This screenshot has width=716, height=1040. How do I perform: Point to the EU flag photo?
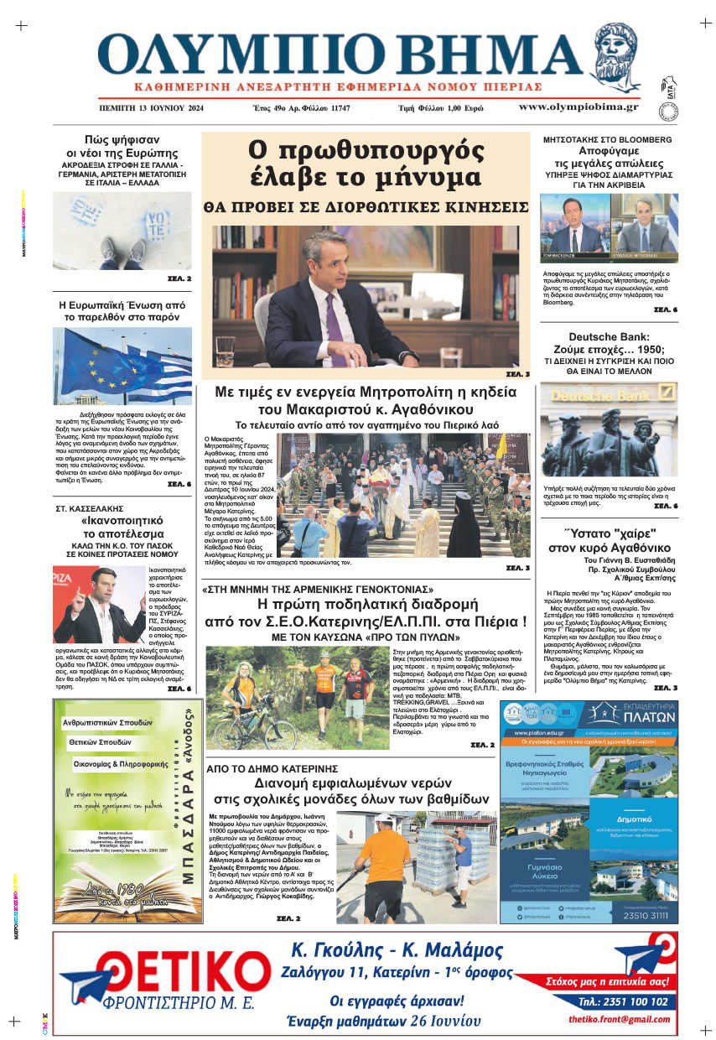pos(122,366)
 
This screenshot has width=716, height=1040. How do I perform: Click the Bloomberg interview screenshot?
pos(609,225)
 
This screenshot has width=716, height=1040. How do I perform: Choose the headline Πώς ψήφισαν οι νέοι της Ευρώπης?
pos(122,146)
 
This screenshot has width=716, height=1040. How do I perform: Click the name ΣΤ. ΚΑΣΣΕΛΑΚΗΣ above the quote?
pos(90,508)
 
